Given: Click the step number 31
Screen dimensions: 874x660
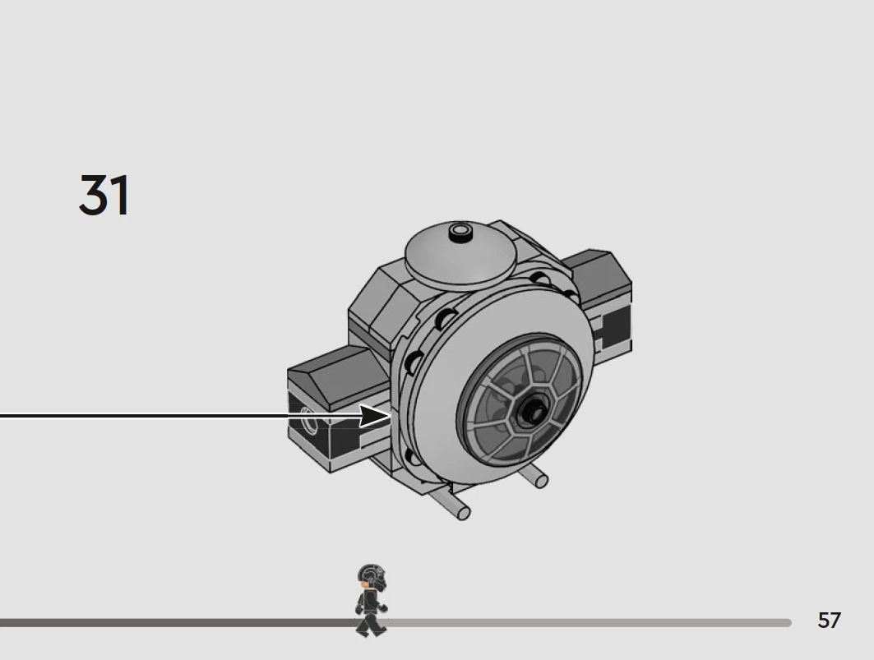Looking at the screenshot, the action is click(x=104, y=195).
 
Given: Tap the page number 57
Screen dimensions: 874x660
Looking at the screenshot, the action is click(x=829, y=621).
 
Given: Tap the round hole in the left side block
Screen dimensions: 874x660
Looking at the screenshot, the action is click(x=309, y=420).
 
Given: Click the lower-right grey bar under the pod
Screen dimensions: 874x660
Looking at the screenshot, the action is click(x=533, y=477).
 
